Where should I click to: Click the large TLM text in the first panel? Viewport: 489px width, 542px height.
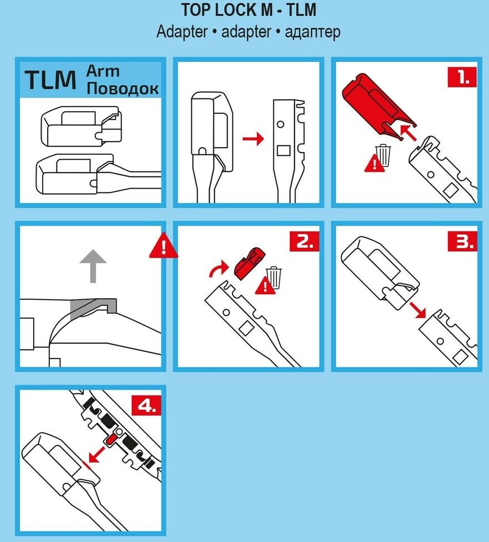coord(51,80)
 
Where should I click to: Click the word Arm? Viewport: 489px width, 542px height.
coord(104,71)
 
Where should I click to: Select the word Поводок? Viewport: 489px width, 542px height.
coord(123,88)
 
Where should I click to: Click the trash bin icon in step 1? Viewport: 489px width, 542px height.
coord(383,155)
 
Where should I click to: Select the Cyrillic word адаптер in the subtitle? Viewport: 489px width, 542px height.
coord(312,32)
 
